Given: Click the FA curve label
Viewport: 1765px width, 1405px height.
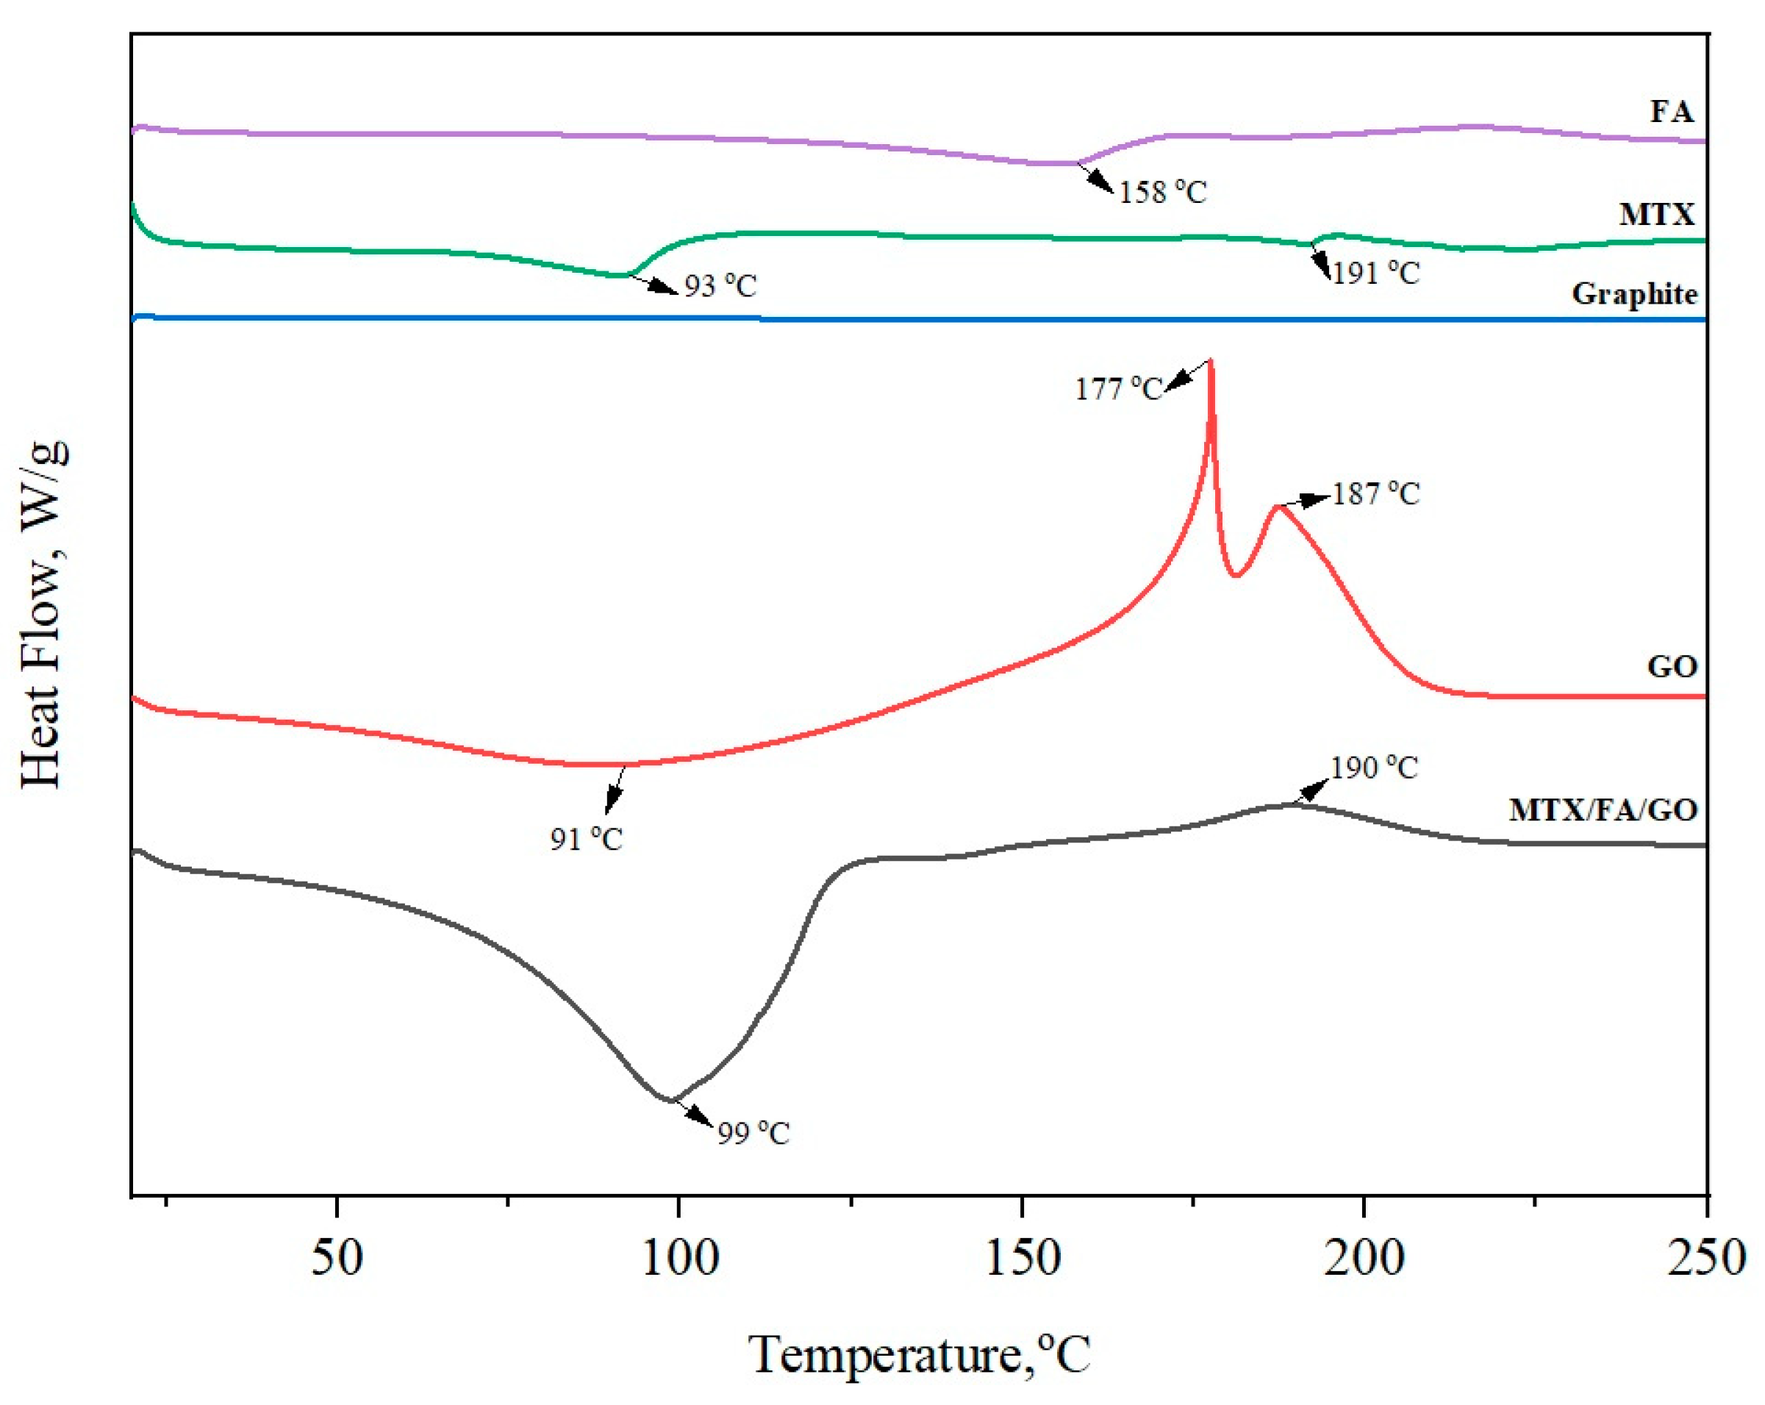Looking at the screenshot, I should (x=1671, y=111).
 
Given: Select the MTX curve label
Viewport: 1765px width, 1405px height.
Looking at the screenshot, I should (x=1656, y=215).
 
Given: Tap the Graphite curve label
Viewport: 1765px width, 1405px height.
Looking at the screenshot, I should (x=1634, y=294).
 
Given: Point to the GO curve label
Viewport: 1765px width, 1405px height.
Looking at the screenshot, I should (x=1672, y=666).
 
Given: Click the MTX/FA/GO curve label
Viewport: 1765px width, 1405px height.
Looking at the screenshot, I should (x=1603, y=809).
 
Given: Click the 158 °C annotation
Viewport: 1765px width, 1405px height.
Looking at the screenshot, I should (x=1162, y=193).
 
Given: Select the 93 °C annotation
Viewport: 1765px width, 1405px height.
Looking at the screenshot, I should (x=720, y=286).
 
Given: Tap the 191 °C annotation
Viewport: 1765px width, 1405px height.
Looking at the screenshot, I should (x=1375, y=273).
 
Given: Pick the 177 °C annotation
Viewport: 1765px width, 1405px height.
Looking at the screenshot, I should (x=1118, y=389).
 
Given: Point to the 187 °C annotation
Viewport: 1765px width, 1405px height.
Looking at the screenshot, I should (x=1375, y=494).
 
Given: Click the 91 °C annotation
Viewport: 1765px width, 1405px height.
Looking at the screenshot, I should (x=586, y=839).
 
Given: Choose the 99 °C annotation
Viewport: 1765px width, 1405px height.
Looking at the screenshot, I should (x=753, y=1133).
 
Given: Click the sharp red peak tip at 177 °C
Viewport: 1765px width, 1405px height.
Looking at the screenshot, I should (x=1211, y=361).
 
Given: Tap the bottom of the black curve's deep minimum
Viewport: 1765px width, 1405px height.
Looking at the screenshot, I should (x=671, y=1101).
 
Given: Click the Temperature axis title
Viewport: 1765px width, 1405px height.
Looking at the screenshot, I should (x=920, y=1354).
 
